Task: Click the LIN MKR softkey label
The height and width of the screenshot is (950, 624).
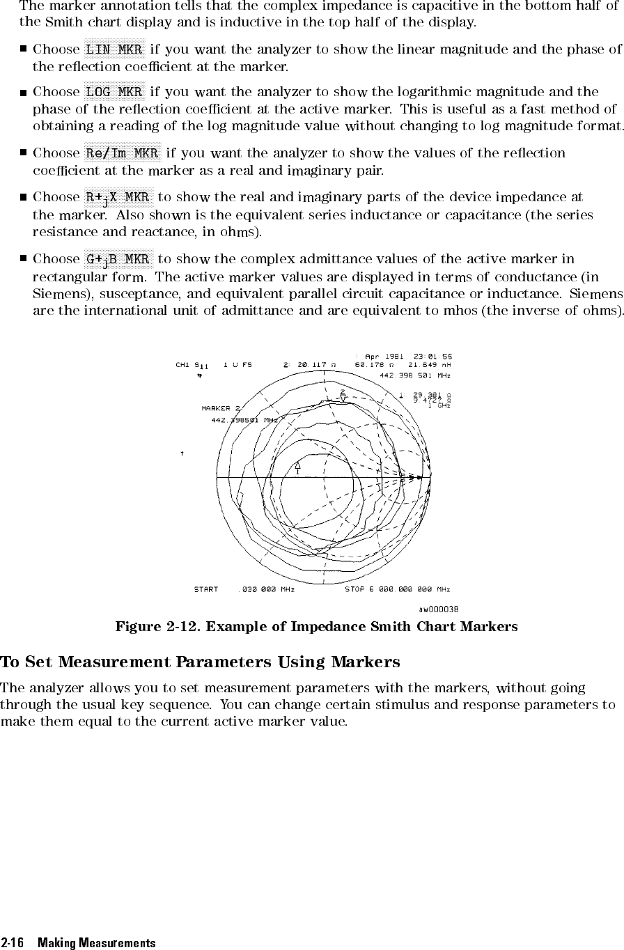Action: (114, 49)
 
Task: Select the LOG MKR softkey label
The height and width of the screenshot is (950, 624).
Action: (114, 92)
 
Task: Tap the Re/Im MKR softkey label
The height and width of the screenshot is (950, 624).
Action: (123, 153)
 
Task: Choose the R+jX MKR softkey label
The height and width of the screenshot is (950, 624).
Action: (118, 198)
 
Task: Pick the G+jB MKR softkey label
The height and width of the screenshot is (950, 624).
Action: (118, 259)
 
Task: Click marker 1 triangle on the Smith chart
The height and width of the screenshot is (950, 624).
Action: (298, 465)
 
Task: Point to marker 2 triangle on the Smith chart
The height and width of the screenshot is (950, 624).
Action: (343, 398)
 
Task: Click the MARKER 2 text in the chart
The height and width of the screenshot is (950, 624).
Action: (221, 409)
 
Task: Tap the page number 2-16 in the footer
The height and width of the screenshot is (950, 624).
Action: (12, 943)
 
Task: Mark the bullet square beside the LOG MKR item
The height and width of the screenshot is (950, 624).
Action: (23, 92)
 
